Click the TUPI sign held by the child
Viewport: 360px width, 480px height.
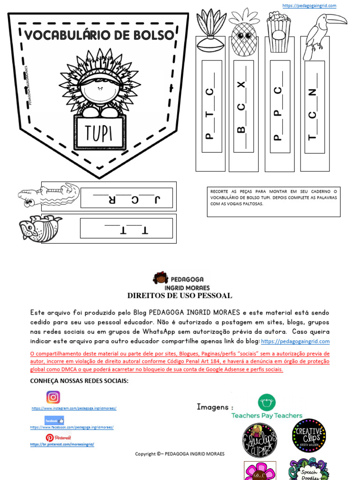point(99,133)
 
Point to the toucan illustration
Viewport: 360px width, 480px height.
point(321,34)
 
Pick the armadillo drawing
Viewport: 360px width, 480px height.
point(40,228)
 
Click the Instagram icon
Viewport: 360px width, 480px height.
point(53,397)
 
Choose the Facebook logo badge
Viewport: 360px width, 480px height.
point(54,420)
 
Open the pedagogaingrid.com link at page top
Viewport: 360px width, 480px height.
point(309,6)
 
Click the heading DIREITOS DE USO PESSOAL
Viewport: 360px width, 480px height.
point(180,296)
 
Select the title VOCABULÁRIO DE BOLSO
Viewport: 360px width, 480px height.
point(99,35)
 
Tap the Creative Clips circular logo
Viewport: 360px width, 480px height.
point(308,435)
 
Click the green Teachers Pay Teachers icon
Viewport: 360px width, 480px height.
point(267,402)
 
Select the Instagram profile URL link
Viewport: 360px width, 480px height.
point(74,408)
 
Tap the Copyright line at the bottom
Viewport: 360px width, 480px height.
point(180,454)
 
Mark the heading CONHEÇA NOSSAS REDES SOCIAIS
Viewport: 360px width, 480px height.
point(79,381)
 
